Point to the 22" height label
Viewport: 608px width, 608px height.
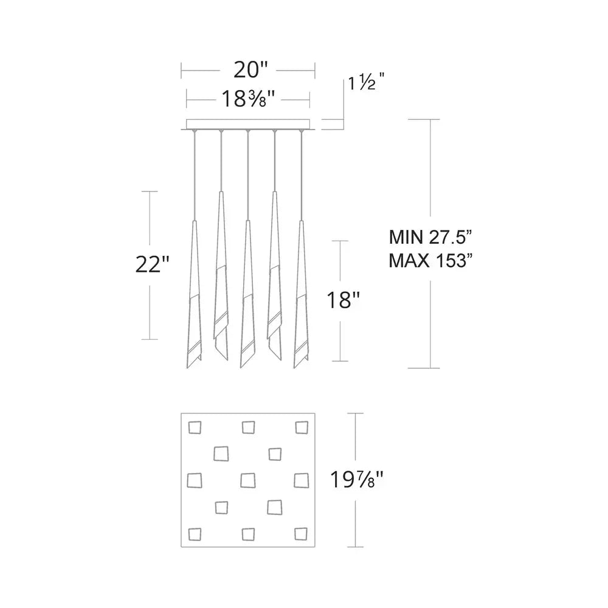pyautogui.click(x=151, y=265)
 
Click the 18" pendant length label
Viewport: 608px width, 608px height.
pyautogui.click(x=343, y=300)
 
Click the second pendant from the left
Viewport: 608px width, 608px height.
pyautogui.click(x=220, y=274)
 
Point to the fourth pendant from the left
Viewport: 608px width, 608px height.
pyautogui.click(x=275, y=274)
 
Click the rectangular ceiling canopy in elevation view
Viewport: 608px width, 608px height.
pyautogui.click(x=248, y=124)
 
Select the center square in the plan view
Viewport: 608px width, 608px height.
pyautogui.click(x=247, y=480)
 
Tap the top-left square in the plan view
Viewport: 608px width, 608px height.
pyautogui.click(x=195, y=427)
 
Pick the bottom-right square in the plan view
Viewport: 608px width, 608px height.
pyautogui.click(x=300, y=533)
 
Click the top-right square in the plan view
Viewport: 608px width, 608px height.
pyautogui.click(x=301, y=427)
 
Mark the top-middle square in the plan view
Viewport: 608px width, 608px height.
pyautogui.click(x=248, y=427)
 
